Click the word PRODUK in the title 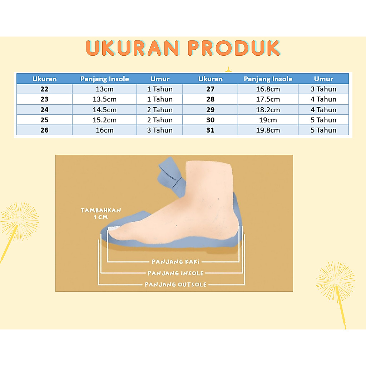click(234, 48)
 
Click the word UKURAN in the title click(133, 48)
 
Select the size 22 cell click(44, 89)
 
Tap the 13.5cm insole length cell click(105, 99)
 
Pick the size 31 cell click(210, 130)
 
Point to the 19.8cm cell click(268, 130)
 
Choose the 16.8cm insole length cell click(268, 89)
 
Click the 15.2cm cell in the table click(105, 120)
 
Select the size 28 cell click(210, 99)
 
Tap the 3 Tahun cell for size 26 click(160, 130)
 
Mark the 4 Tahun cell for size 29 click(323, 110)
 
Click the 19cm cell click(268, 120)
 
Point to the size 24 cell click(44, 110)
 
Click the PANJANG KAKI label click(176, 262)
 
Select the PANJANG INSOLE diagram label click(176, 273)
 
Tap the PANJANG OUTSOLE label click(176, 285)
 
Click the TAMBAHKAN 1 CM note click(101, 214)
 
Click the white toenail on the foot click(113, 228)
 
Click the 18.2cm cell click(268, 110)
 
